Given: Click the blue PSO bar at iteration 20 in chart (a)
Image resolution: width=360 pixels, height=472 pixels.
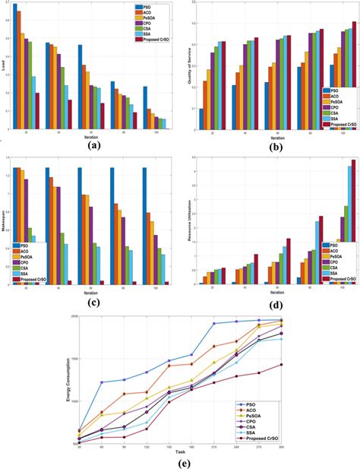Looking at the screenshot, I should click(15, 68).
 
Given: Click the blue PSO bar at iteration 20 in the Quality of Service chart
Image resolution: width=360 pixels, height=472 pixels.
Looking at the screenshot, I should click(202, 119).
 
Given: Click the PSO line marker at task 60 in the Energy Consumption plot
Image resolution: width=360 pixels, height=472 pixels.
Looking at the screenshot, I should click(103, 382).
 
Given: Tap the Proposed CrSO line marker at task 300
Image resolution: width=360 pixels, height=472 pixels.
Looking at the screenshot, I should click(282, 364).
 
